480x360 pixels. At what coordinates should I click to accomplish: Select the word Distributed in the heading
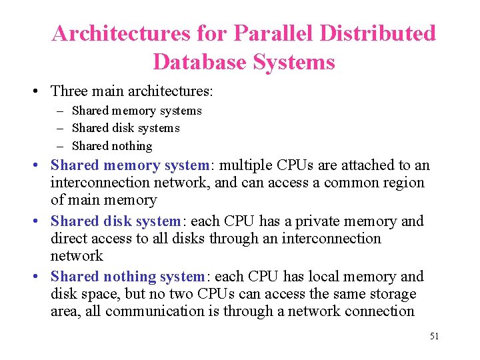[x=371, y=33]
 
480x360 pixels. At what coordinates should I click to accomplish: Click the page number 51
[x=434, y=336]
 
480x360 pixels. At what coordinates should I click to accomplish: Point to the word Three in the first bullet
[x=69, y=90]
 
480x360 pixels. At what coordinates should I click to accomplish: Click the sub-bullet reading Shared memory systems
[x=136, y=111]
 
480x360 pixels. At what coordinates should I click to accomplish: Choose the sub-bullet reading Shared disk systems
[x=125, y=128]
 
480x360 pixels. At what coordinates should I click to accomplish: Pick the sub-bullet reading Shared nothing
[x=111, y=145]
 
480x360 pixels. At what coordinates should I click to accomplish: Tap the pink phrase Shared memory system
[x=130, y=165]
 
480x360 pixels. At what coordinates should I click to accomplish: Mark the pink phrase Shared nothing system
[x=127, y=277]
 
